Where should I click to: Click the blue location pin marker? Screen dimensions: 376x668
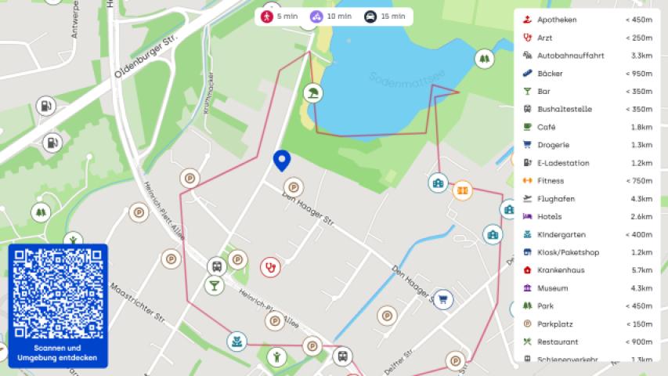tap(282, 160)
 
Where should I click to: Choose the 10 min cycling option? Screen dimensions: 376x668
tap(330, 16)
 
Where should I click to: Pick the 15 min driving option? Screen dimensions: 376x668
tap(385, 16)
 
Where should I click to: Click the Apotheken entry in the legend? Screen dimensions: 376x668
tap(557, 20)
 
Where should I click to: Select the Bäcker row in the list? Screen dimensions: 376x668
tap(550, 74)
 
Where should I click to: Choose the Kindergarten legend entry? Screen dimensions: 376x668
tap(561, 235)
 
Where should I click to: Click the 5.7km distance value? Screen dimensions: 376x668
tap(641, 270)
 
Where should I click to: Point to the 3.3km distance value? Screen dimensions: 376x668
tap(641, 56)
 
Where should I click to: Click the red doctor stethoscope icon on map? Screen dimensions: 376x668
tap(270, 267)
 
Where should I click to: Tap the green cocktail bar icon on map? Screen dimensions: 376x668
tap(214, 285)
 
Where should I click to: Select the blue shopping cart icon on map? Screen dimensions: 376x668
tap(442, 298)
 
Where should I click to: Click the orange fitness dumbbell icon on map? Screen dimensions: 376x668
tap(462, 190)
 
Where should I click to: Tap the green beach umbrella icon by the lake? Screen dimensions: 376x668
tap(313, 93)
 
